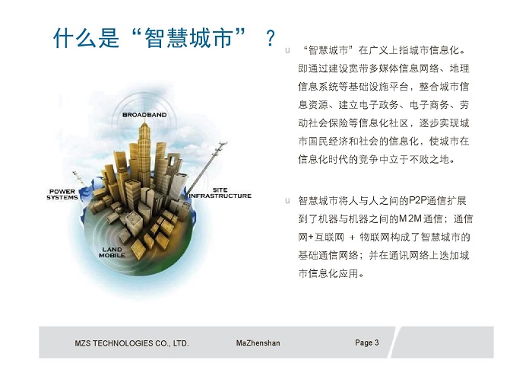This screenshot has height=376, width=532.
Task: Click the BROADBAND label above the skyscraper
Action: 144,115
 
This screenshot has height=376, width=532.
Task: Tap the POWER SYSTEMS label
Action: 62,194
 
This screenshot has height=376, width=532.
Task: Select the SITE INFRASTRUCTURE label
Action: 220,193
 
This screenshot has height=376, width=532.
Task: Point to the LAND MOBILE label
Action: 112,253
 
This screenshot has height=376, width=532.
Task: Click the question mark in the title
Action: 271,38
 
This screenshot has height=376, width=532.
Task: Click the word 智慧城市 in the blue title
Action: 188,37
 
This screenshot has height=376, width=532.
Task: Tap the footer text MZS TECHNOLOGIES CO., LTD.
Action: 131,343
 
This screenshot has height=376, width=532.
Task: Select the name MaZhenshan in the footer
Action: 258,343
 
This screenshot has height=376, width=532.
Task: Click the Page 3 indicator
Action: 367,343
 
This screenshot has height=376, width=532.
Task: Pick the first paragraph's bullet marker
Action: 288,51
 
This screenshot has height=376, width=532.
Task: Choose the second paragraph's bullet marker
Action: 288,201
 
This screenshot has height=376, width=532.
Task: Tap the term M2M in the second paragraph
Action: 410,218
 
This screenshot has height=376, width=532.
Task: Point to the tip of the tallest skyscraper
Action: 145,119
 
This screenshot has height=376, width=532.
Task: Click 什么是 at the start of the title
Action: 87,37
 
